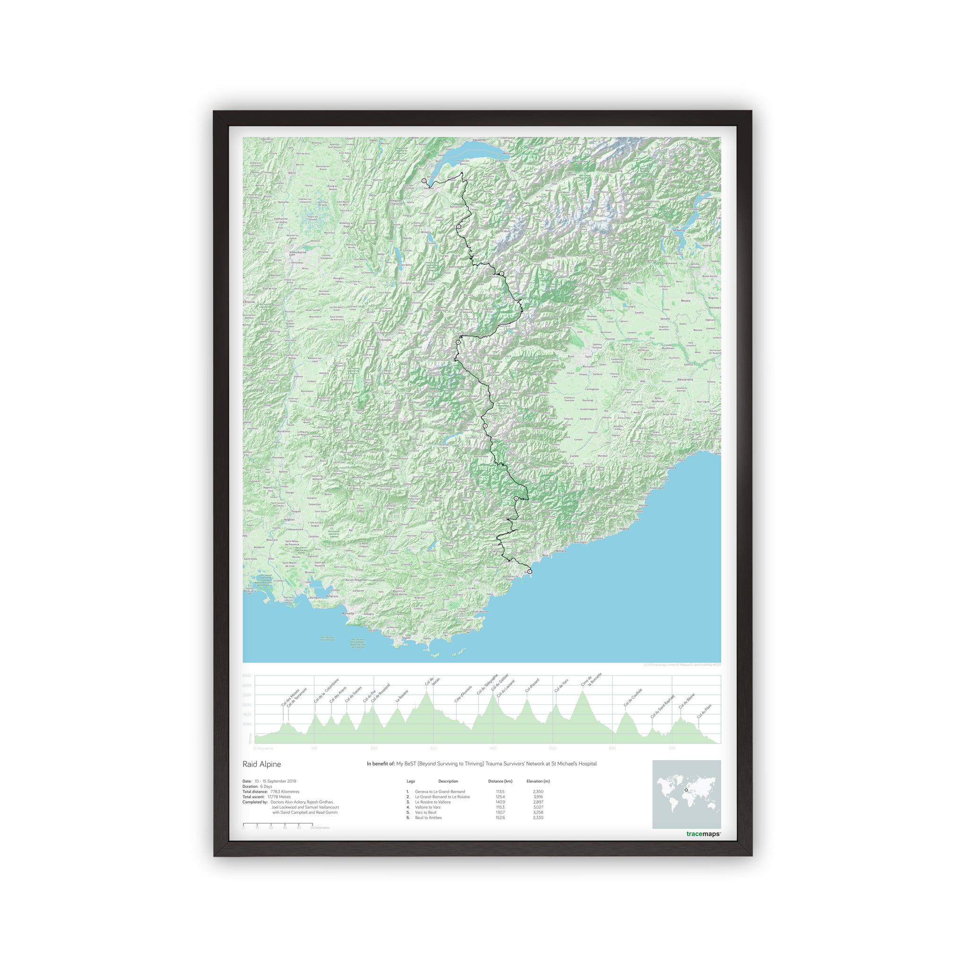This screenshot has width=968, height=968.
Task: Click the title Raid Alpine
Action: (x=261, y=764)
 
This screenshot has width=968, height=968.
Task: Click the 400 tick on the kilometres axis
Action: (x=493, y=749)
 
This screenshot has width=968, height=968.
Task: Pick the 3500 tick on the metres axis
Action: (x=247, y=676)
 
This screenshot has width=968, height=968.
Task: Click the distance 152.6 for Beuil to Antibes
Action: (x=500, y=817)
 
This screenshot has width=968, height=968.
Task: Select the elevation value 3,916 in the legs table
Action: (x=538, y=796)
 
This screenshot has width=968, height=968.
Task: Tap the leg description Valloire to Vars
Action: (x=428, y=807)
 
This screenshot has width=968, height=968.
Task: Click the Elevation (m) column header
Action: (x=538, y=781)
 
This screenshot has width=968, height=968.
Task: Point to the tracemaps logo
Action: (x=703, y=834)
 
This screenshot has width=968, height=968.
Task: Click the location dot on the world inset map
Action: (x=686, y=791)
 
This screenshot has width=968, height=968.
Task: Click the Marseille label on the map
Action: (x=347, y=613)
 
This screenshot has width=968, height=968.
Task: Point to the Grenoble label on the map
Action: (x=385, y=340)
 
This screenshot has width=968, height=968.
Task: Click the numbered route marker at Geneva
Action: (x=424, y=181)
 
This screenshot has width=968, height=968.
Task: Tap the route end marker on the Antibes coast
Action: (x=529, y=572)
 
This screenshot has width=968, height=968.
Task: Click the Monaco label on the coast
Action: (x=561, y=551)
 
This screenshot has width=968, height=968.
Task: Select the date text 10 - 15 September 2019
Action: (x=275, y=781)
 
